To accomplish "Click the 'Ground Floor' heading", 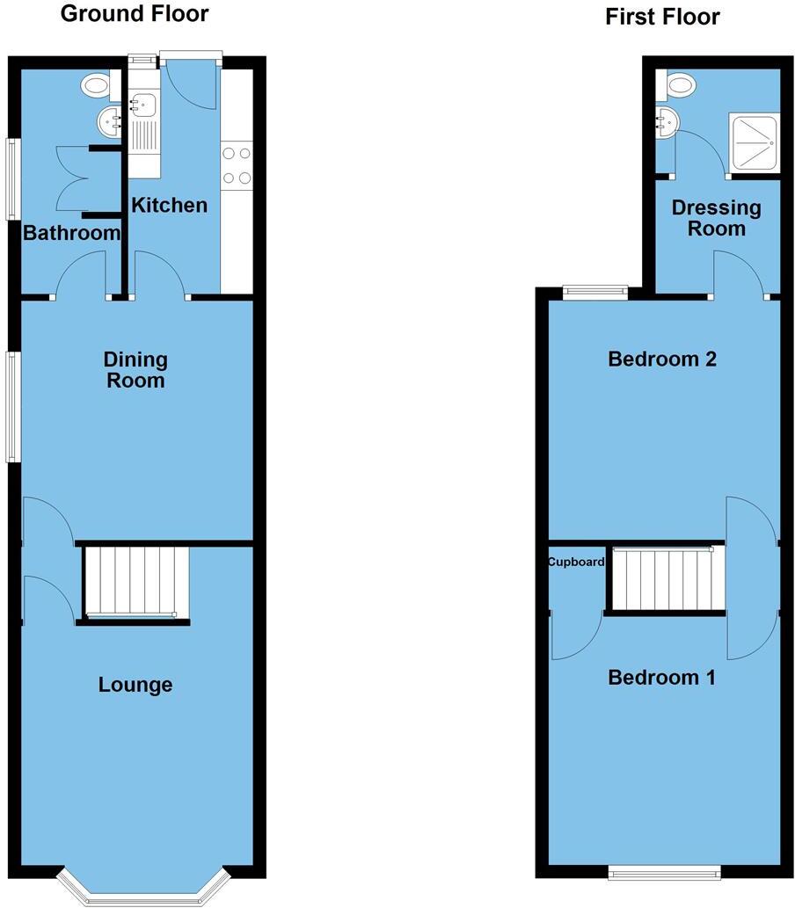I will click(134, 13).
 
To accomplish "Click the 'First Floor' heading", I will click(662, 17).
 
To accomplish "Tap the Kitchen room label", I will click(169, 205).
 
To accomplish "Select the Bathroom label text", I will click(71, 233).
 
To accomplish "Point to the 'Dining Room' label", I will click(135, 369).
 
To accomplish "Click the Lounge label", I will click(135, 685).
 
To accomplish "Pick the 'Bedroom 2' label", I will click(662, 359).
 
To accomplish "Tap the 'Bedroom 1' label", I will click(661, 678).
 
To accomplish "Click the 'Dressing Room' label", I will click(715, 218).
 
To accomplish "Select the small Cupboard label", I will click(576, 562).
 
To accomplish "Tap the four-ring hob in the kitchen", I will click(237, 165).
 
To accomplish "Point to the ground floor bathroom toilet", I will click(97, 86).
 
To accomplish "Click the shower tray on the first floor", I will click(755, 142).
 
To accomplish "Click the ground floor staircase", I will click(136, 581).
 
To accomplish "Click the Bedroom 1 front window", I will click(665, 872).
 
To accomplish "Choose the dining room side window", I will click(11, 406).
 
